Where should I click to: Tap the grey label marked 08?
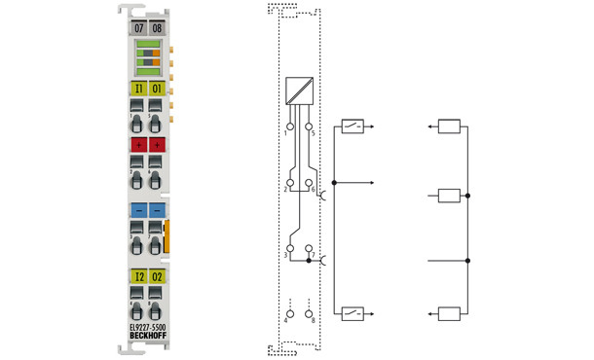tap(158, 29)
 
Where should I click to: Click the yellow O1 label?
tap(158, 89)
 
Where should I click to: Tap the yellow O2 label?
tap(158, 276)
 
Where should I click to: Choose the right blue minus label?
tap(158, 209)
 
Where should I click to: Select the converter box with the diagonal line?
tap(299, 90)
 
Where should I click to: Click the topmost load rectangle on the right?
tap(449, 126)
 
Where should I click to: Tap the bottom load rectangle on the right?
tap(449, 313)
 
